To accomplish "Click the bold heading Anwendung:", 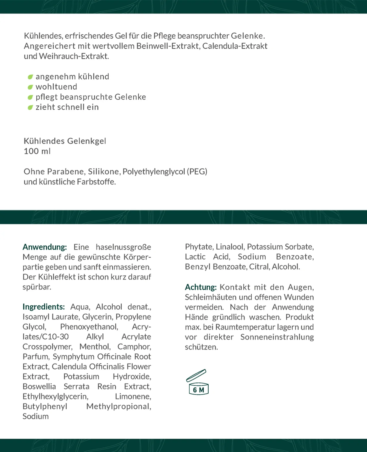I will (x=45, y=247).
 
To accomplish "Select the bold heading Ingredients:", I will (x=44, y=307).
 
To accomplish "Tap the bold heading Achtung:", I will (x=201, y=287).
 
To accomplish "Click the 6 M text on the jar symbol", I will (x=198, y=390).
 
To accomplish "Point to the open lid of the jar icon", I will (x=196, y=375).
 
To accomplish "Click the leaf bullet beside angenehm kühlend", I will (x=30, y=77).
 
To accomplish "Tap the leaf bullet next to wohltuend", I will (x=30, y=87).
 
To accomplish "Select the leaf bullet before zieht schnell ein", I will (x=30, y=107).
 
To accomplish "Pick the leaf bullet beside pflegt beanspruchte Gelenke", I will (x=30, y=97).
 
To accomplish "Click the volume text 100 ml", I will (x=37, y=151).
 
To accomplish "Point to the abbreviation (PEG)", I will (x=197, y=171).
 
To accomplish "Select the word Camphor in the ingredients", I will (x=134, y=347).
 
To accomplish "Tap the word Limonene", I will (x=133, y=396).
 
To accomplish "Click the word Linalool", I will (x=230, y=247).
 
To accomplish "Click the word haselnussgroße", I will (x=123, y=247).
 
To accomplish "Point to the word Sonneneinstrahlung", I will (x=277, y=337).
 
